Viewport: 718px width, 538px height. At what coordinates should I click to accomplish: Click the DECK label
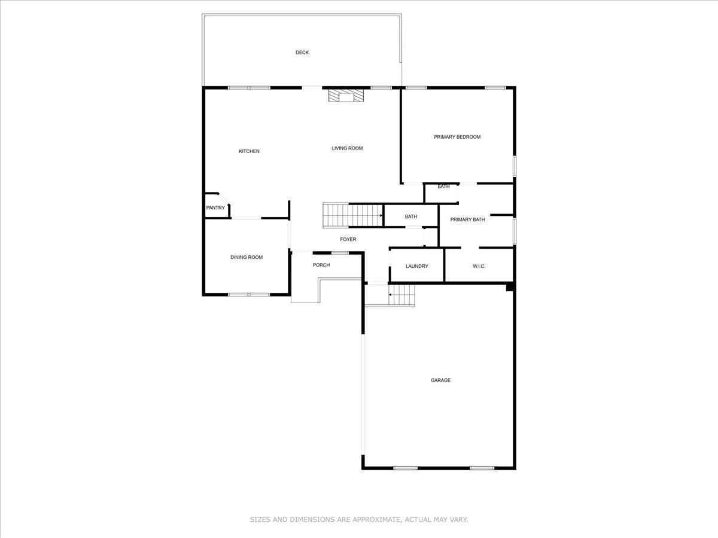[x=302, y=53]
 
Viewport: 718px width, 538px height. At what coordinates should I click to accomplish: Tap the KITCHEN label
[x=249, y=151]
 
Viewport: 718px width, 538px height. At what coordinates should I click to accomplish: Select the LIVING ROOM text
[x=347, y=148]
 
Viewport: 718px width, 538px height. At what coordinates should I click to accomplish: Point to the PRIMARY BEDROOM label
[x=457, y=137]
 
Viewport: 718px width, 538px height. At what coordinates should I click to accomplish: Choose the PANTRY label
[x=215, y=208]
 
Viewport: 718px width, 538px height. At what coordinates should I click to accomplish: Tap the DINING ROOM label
[x=247, y=258]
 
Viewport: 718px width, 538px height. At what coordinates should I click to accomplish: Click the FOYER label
[x=348, y=240]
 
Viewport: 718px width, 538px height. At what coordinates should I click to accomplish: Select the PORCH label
[x=321, y=265]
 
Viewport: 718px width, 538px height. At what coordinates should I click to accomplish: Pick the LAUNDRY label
[x=416, y=266]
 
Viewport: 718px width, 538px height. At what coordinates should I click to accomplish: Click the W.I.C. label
[x=479, y=266]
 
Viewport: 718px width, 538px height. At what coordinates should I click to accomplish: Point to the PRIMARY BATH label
[x=467, y=219]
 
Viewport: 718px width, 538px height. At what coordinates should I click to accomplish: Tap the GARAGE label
[x=440, y=380]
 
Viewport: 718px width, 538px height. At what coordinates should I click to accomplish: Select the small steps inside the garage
[x=401, y=295]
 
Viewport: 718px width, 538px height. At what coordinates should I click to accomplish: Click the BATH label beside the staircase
[x=410, y=216]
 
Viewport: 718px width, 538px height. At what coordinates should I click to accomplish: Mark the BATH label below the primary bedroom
[x=443, y=187]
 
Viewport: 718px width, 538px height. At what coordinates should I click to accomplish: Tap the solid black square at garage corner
[x=510, y=288]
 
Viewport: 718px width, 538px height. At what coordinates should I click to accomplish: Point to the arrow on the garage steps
[x=391, y=295]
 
